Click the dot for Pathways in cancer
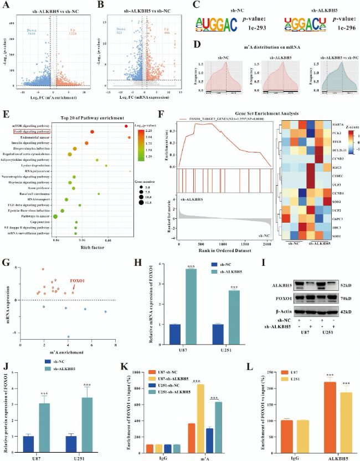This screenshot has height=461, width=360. tap(55, 217)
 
